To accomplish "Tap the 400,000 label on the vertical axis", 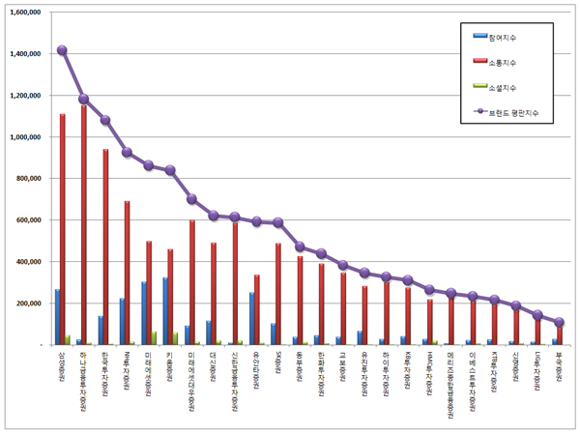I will (x=28, y=262).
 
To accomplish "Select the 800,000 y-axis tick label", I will (x=28, y=179).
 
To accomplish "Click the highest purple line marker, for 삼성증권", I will (x=62, y=50).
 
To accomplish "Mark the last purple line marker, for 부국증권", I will (x=560, y=322).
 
